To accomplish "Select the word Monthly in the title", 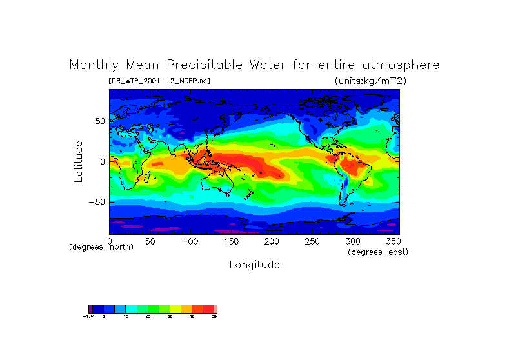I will (x=93, y=65).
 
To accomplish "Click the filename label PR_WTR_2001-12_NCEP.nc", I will (x=159, y=81).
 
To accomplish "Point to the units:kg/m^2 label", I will (x=370, y=81).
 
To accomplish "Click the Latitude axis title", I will (x=78, y=161).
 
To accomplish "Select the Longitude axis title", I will (x=254, y=265).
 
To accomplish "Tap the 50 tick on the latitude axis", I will (x=100, y=121).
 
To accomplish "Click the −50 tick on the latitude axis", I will (x=97, y=201).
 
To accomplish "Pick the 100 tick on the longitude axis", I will (x=190, y=241).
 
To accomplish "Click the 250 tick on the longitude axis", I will (x=311, y=241).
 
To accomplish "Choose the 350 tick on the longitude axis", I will (x=392, y=241).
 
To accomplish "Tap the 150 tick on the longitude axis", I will (x=230, y=241).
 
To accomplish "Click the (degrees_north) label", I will (x=101, y=247).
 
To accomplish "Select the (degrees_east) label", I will (x=378, y=252).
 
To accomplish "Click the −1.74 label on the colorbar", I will (x=90, y=317).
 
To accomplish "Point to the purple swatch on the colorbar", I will (x=91, y=309).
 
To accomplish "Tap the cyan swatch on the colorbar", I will (x=130, y=309).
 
